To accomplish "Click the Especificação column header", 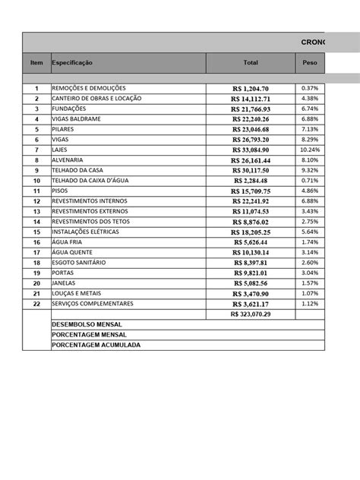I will (72, 62).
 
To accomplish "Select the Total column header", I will (251, 62).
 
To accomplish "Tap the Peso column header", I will (310, 62).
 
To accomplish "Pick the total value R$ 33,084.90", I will (251, 150).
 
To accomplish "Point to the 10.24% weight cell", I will (310, 150).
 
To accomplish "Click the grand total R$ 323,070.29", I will (251, 314).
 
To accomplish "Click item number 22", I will (36, 304).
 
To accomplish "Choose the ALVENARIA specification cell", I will (68, 160).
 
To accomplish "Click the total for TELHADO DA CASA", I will (251, 171).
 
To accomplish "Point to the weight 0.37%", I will (310, 88).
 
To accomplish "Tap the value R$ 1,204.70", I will (251, 89).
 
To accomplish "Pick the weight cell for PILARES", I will (310, 129).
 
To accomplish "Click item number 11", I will (36, 191).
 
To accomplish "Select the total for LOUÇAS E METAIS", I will (251, 293).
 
